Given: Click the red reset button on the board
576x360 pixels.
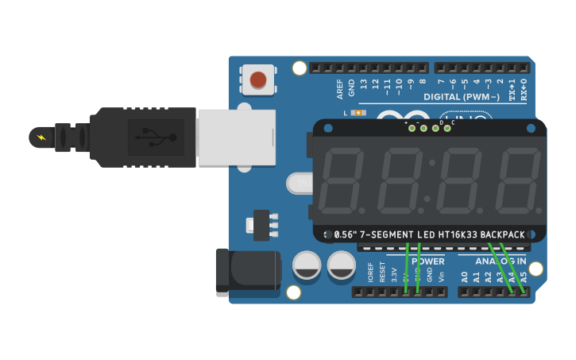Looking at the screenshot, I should tap(258, 79).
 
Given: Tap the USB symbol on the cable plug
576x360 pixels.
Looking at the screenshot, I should tap(156, 137).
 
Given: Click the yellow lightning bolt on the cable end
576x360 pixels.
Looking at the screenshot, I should tap(42, 137).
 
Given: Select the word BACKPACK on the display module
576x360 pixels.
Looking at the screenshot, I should tap(502, 234).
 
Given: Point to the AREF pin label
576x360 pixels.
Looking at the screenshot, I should tap(340, 88).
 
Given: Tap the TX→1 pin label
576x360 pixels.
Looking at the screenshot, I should tap(512, 87).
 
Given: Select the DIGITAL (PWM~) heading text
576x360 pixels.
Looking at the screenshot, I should tap(462, 97).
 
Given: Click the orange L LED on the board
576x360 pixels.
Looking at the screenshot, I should tap(358, 113).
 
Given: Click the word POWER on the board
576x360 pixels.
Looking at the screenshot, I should tap(428, 261).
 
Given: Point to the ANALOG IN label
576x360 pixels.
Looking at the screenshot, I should tap(501, 261).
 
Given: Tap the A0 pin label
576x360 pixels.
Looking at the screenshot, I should tap(465, 277).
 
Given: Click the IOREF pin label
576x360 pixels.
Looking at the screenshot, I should tap(370, 273).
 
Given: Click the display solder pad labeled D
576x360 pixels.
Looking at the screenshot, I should tap(435, 128).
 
